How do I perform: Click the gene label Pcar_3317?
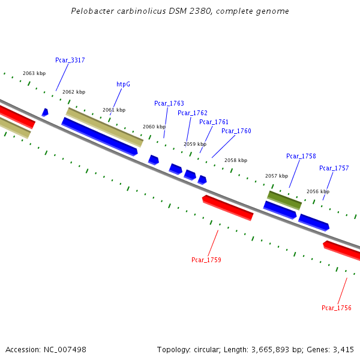[x=70, y=60]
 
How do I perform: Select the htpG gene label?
[x=123, y=85]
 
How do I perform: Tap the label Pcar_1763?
[x=169, y=103]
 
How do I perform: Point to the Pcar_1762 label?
[x=192, y=113]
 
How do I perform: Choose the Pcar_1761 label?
[x=214, y=122]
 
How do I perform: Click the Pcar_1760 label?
[x=236, y=131]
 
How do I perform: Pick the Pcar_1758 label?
[x=301, y=156]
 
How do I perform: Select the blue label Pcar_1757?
[x=334, y=168]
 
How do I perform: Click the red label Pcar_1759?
[x=206, y=260]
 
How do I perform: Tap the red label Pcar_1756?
[x=336, y=308]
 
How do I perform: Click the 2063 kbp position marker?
[x=34, y=73]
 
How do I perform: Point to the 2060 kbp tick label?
[x=154, y=127]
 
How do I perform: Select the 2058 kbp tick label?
[x=235, y=160]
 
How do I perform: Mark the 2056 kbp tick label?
[x=317, y=191]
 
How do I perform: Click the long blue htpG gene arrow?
[x=100, y=136]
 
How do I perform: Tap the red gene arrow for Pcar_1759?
[x=228, y=208]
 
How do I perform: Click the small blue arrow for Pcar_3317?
[x=45, y=112]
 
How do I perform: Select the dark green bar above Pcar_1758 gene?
[x=284, y=200]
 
